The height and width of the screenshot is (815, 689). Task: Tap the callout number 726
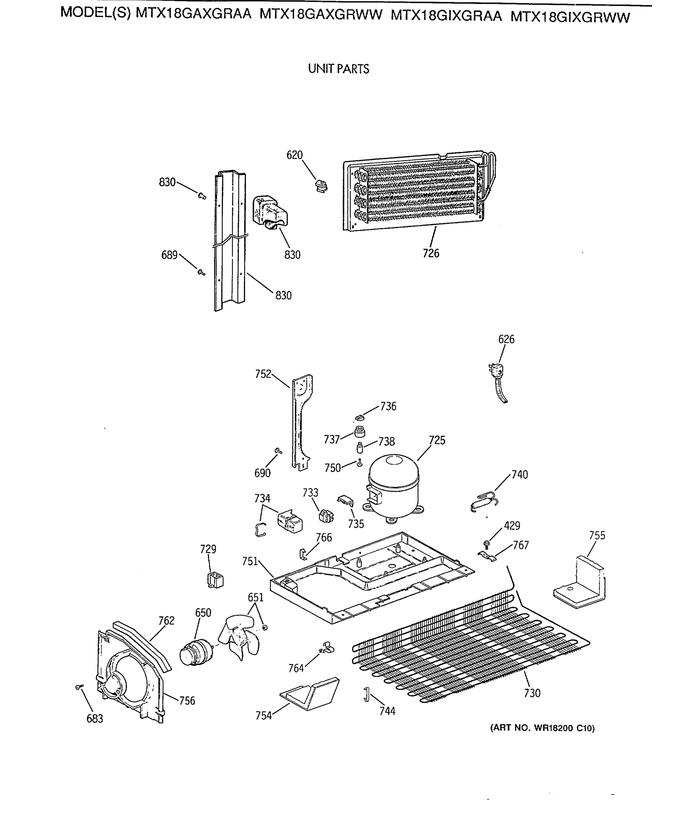431,254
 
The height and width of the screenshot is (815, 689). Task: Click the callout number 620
294,155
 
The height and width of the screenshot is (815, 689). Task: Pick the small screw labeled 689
201,272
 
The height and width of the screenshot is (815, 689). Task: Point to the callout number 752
263,374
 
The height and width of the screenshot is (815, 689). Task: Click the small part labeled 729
215,580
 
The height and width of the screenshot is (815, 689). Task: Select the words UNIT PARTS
338,69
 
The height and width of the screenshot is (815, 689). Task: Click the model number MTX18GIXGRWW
570,17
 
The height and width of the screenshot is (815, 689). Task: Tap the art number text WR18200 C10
542,728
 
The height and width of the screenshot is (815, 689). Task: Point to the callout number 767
521,545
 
